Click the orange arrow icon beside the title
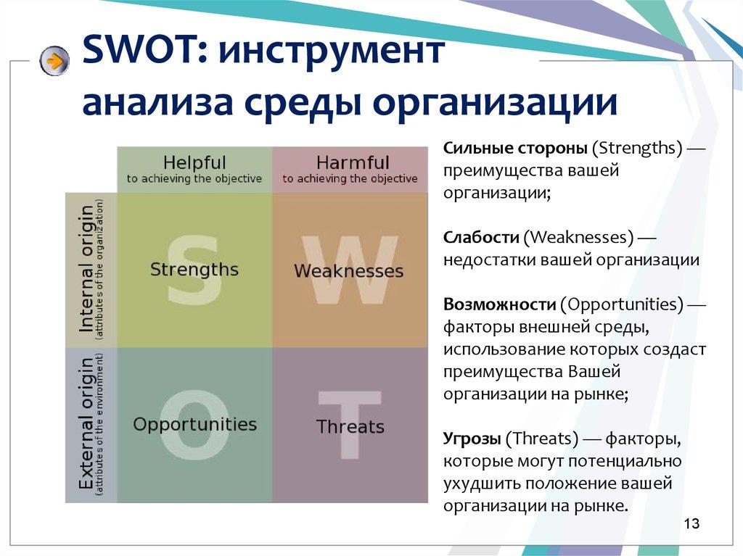coord(54,61)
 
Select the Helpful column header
coord(194,169)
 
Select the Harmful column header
coord(350,169)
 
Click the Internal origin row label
coord(91,269)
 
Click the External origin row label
coord(91,424)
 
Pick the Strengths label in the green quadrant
coord(194,270)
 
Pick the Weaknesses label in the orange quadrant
coord(348,271)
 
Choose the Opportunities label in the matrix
coord(194,424)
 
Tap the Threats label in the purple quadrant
coord(350,427)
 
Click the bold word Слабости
coord(480,237)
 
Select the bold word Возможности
coord(499,303)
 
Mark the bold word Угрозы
coord(472,439)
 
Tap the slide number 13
coord(691,524)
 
